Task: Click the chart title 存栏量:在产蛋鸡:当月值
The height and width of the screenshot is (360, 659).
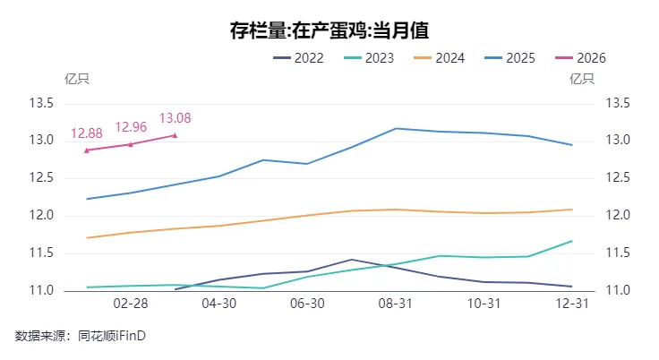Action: pyautogui.click(x=329, y=30)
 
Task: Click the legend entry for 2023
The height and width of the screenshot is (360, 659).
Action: pyautogui.click(x=369, y=58)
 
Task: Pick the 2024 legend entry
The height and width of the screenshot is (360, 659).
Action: pyautogui.click(x=439, y=58)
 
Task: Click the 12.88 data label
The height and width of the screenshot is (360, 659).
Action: pyautogui.click(x=87, y=133)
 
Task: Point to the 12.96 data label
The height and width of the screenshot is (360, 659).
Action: pyautogui.click(x=131, y=127)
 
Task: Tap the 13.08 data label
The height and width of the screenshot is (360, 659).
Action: pyautogui.click(x=175, y=118)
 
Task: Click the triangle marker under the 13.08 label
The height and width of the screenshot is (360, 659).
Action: pyautogui.click(x=175, y=135)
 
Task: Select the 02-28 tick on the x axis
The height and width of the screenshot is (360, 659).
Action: pyautogui.click(x=131, y=304)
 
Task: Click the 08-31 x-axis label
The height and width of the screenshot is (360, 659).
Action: pyautogui.click(x=396, y=304)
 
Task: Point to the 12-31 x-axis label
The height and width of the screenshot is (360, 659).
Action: pyautogui.click(x=572, y=304)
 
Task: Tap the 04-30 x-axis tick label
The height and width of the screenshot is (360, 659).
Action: pyautogui.click(x=219, y=304)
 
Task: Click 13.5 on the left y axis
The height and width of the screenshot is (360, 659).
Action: pyautogui.click(x=42, y=103)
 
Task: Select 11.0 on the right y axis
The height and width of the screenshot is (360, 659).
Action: pyautogui.click(x=619, y=291)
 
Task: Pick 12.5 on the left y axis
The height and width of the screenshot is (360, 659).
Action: pyautogui.click(x=42, y=178)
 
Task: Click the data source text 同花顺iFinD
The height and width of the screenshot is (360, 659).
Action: pyautogui.click(x=111, y=336)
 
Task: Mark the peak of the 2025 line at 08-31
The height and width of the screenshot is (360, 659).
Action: pyautogui.click(x=396, y=128)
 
